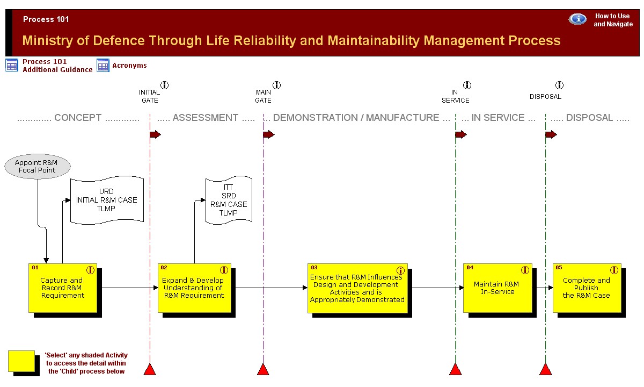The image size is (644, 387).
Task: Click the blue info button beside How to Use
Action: (x=577, y=19)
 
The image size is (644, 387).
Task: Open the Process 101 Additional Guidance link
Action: (x=57, y=66)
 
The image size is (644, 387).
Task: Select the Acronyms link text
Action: (x=129, y=66)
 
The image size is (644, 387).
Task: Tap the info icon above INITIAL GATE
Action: (x=164, y=85)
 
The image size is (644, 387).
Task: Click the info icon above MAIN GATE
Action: (x=276, y=85)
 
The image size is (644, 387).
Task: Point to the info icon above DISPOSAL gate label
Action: (x=559, y=85)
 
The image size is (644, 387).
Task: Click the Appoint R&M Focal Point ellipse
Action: (x=38, y=167)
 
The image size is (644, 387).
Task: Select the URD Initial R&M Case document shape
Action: (x=107, y=200)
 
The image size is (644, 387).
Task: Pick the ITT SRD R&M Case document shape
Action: (x=229, y=200)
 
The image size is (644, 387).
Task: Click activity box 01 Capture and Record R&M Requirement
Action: (x=63, y=288)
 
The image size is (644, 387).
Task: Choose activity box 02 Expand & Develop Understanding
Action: (x=194, y=288)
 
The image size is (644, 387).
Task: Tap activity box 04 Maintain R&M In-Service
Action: (x=497, y=288)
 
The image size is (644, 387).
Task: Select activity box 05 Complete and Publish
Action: (x=587, y=288)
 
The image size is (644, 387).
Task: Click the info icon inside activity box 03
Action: (x=400, y=270)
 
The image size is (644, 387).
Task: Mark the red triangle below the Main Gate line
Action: (x=263, y=369)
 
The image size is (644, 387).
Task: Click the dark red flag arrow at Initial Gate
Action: (x=155, y=134)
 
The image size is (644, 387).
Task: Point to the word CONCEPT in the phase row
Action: (x=78, y=118)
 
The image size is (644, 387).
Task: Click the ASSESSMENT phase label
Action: (x=205, y=118)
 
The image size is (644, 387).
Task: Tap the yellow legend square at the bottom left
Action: (x=21, y=361)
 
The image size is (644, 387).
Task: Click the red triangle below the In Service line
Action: (x=456, y=369)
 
